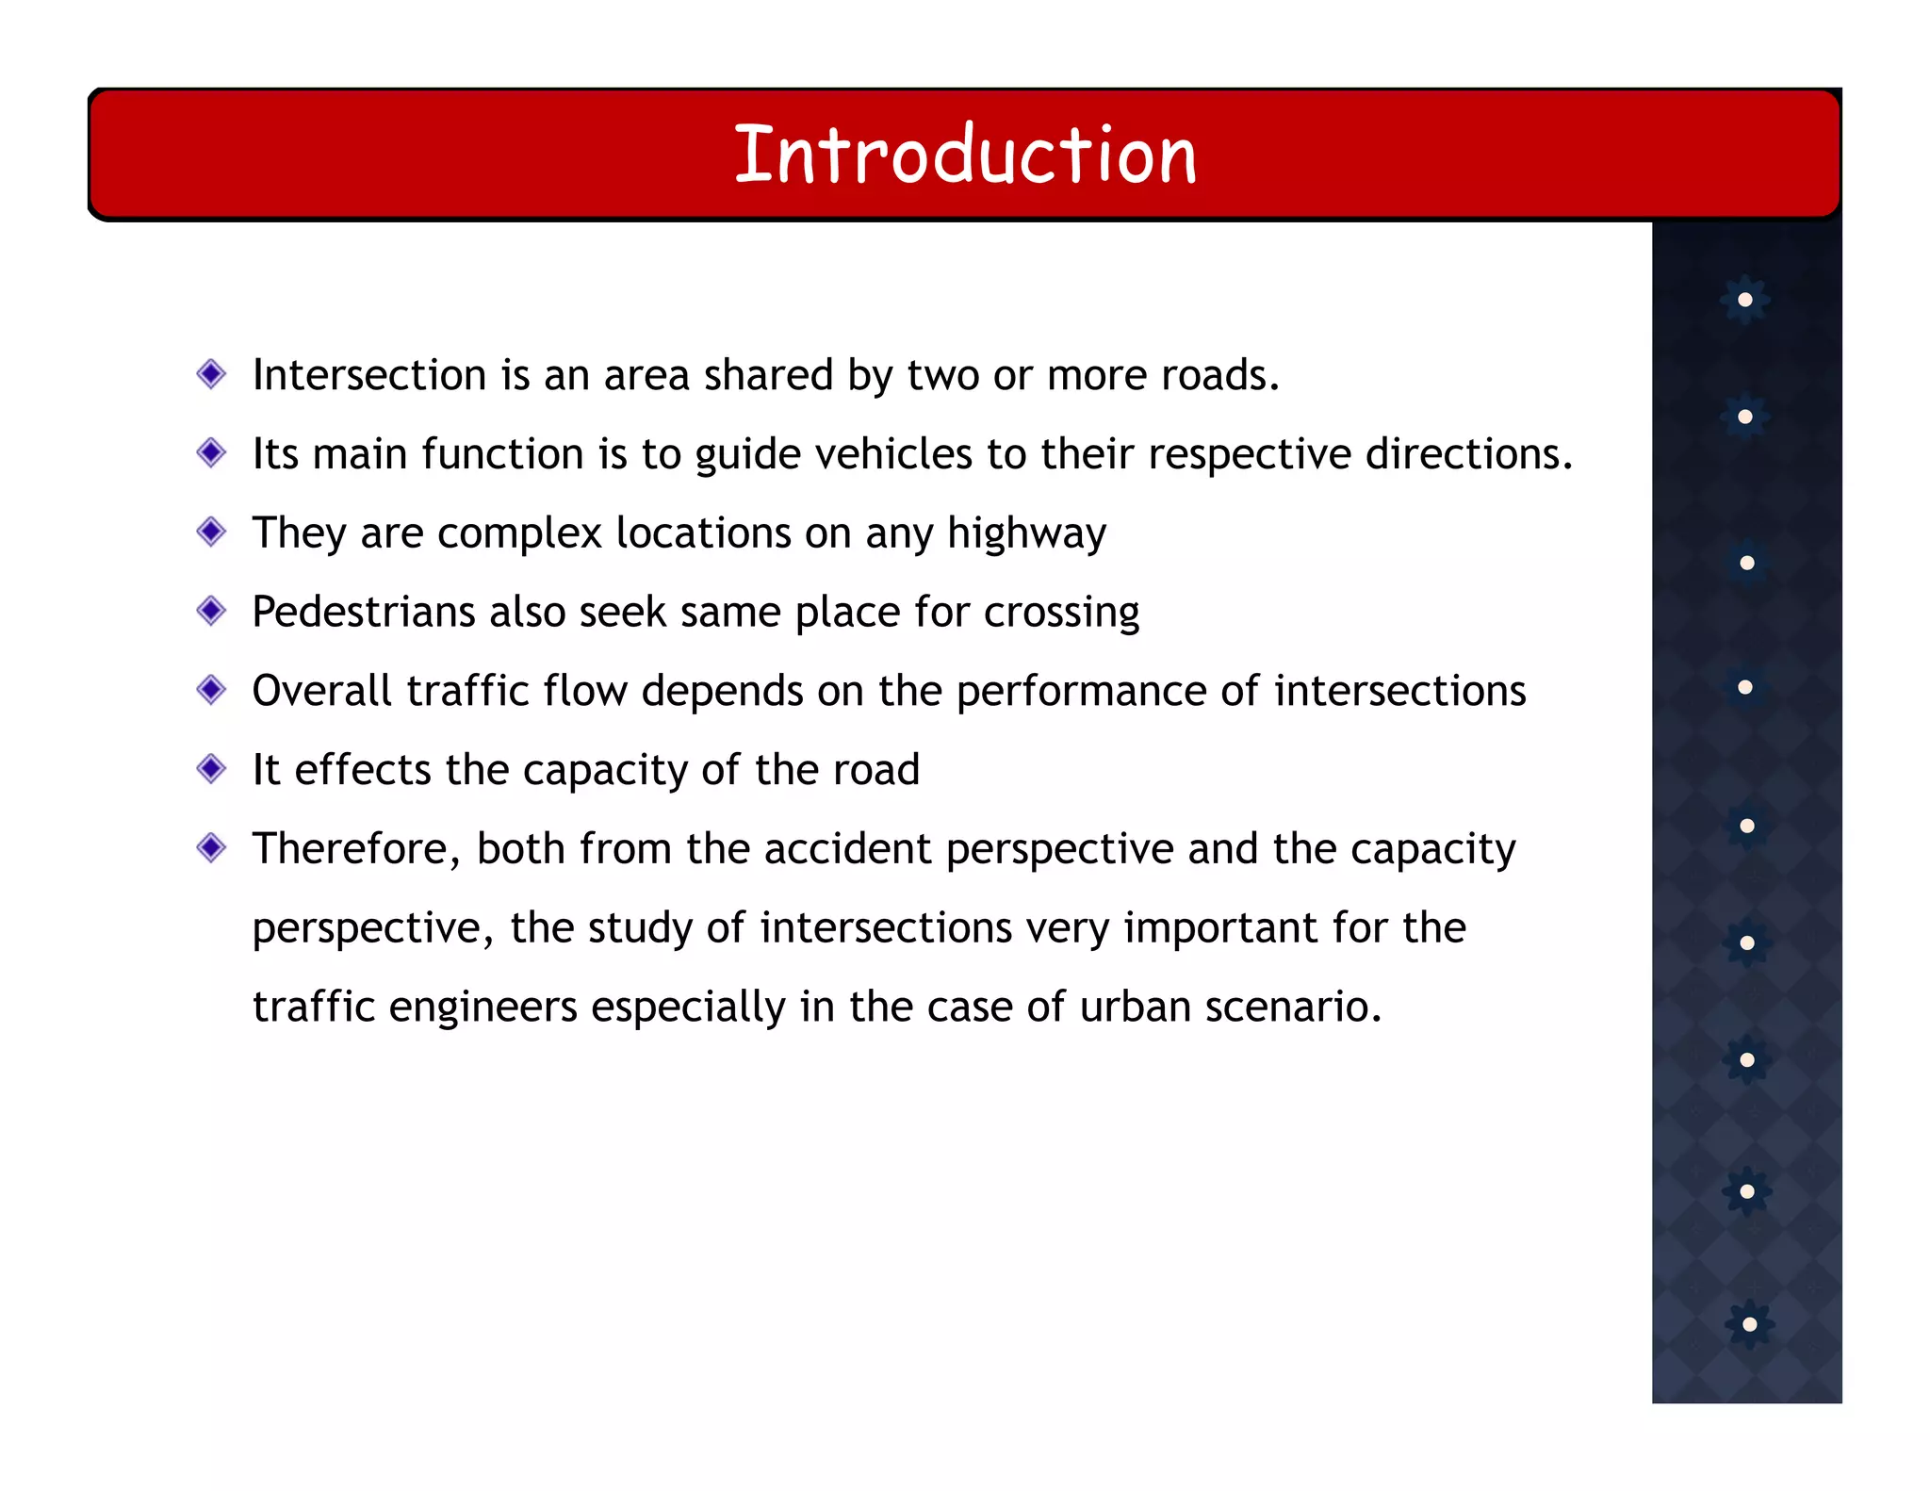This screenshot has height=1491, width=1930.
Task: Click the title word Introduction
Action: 965,155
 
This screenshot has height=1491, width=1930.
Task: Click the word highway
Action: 1026,534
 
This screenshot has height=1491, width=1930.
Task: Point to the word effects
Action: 363,770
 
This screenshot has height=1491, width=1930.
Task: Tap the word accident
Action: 847,849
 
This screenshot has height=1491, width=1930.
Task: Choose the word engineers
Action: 482,1008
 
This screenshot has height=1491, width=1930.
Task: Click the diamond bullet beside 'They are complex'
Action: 211,532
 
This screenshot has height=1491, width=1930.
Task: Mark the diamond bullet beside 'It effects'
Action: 211,769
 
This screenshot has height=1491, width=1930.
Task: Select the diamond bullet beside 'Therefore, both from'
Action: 211,848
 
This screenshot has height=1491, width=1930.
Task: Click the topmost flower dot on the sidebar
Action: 1745,300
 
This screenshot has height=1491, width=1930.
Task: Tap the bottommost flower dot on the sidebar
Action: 1749,1324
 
